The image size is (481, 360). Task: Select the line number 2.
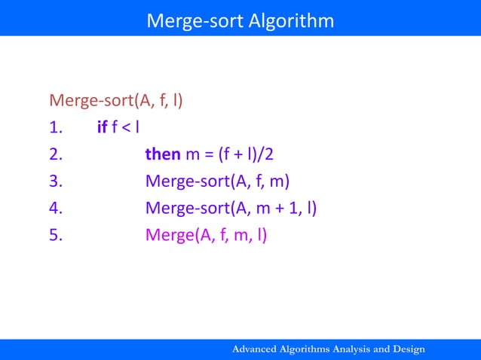55,154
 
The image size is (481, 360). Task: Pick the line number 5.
55,236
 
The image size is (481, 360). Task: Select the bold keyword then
163,154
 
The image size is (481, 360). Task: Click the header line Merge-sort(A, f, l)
117,100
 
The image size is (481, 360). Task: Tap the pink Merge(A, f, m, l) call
206,236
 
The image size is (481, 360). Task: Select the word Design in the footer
408,349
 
